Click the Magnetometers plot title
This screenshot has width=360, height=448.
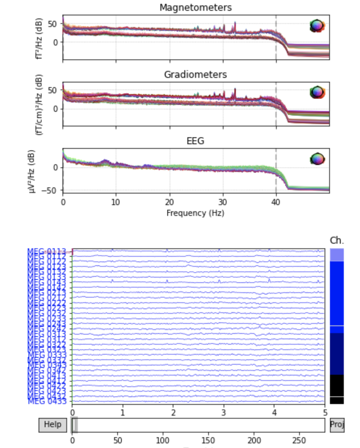click(x=195, y=7)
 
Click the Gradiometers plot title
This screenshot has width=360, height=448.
click(x=195, y=74)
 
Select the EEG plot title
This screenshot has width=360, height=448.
click(x=195, y=141)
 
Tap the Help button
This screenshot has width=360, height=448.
click(x=52, y=424)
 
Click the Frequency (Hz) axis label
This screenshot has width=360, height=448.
click(x=195, y=212)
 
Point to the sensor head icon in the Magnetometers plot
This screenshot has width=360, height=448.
click(x=317, y=26)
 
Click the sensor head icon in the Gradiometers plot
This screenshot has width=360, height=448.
click(x=317, y=92)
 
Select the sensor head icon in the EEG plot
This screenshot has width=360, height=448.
click(x=317, y=159)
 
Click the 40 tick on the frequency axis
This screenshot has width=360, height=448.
click(x=276, y=202)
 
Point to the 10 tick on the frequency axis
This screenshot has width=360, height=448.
click(x=116, y=202)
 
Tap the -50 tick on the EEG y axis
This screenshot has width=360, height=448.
click(x=54, y=190)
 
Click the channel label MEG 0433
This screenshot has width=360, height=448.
click(x=47, y=401)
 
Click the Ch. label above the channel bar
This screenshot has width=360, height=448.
click(x=336, y=241)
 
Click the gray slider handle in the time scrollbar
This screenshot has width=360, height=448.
click(x=75, y=424)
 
